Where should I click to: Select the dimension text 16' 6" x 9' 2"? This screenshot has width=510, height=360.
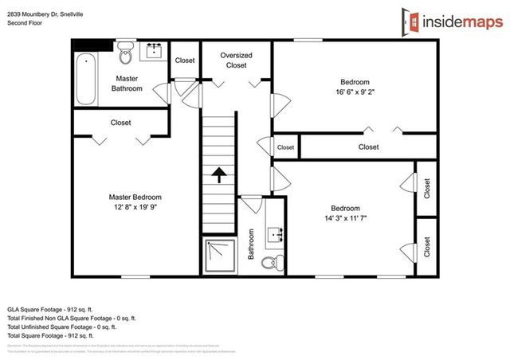point(355,92)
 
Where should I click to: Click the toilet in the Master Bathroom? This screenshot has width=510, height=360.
point(125,56)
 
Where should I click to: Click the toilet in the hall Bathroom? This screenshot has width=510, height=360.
point(271,260)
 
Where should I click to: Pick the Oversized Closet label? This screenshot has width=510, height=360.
point(237,61)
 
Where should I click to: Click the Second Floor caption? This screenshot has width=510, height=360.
point(27,23)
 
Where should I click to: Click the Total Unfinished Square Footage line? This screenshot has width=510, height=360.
point(61,327)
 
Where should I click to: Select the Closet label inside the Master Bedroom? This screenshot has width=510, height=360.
point(121,123)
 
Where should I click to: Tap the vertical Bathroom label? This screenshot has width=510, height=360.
point(250,245)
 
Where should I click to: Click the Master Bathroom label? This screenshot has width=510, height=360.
point(127,84)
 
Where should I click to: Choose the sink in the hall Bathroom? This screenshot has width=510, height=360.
point(276,233)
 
